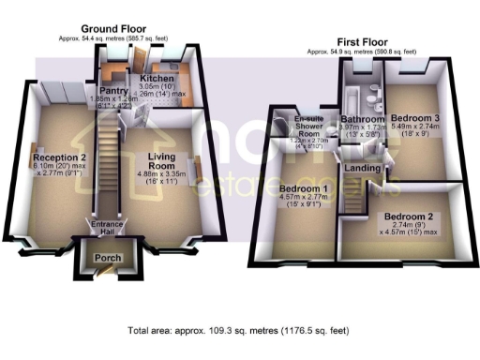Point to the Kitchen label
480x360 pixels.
[x=156, y=80]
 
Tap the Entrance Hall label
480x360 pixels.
[x=106, y=230]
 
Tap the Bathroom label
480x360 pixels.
[x=362, y=121]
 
